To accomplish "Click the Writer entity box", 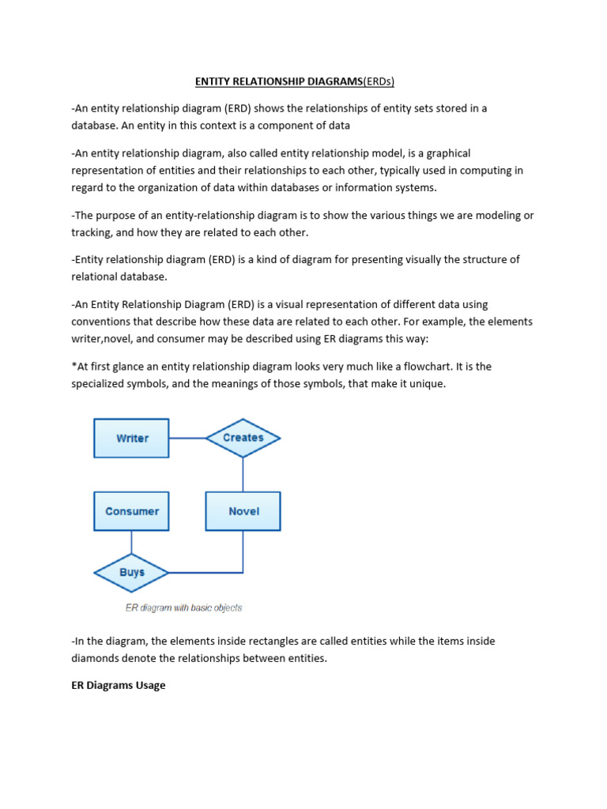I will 131,438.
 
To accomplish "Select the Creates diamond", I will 243,438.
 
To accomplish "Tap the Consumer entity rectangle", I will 131,511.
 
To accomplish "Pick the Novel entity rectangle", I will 243,511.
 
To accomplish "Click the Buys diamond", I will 131,572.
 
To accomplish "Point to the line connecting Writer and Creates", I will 187,438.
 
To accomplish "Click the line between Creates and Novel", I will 243,474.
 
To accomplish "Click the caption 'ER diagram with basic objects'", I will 183,608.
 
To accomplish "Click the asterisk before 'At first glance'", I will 74,367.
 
